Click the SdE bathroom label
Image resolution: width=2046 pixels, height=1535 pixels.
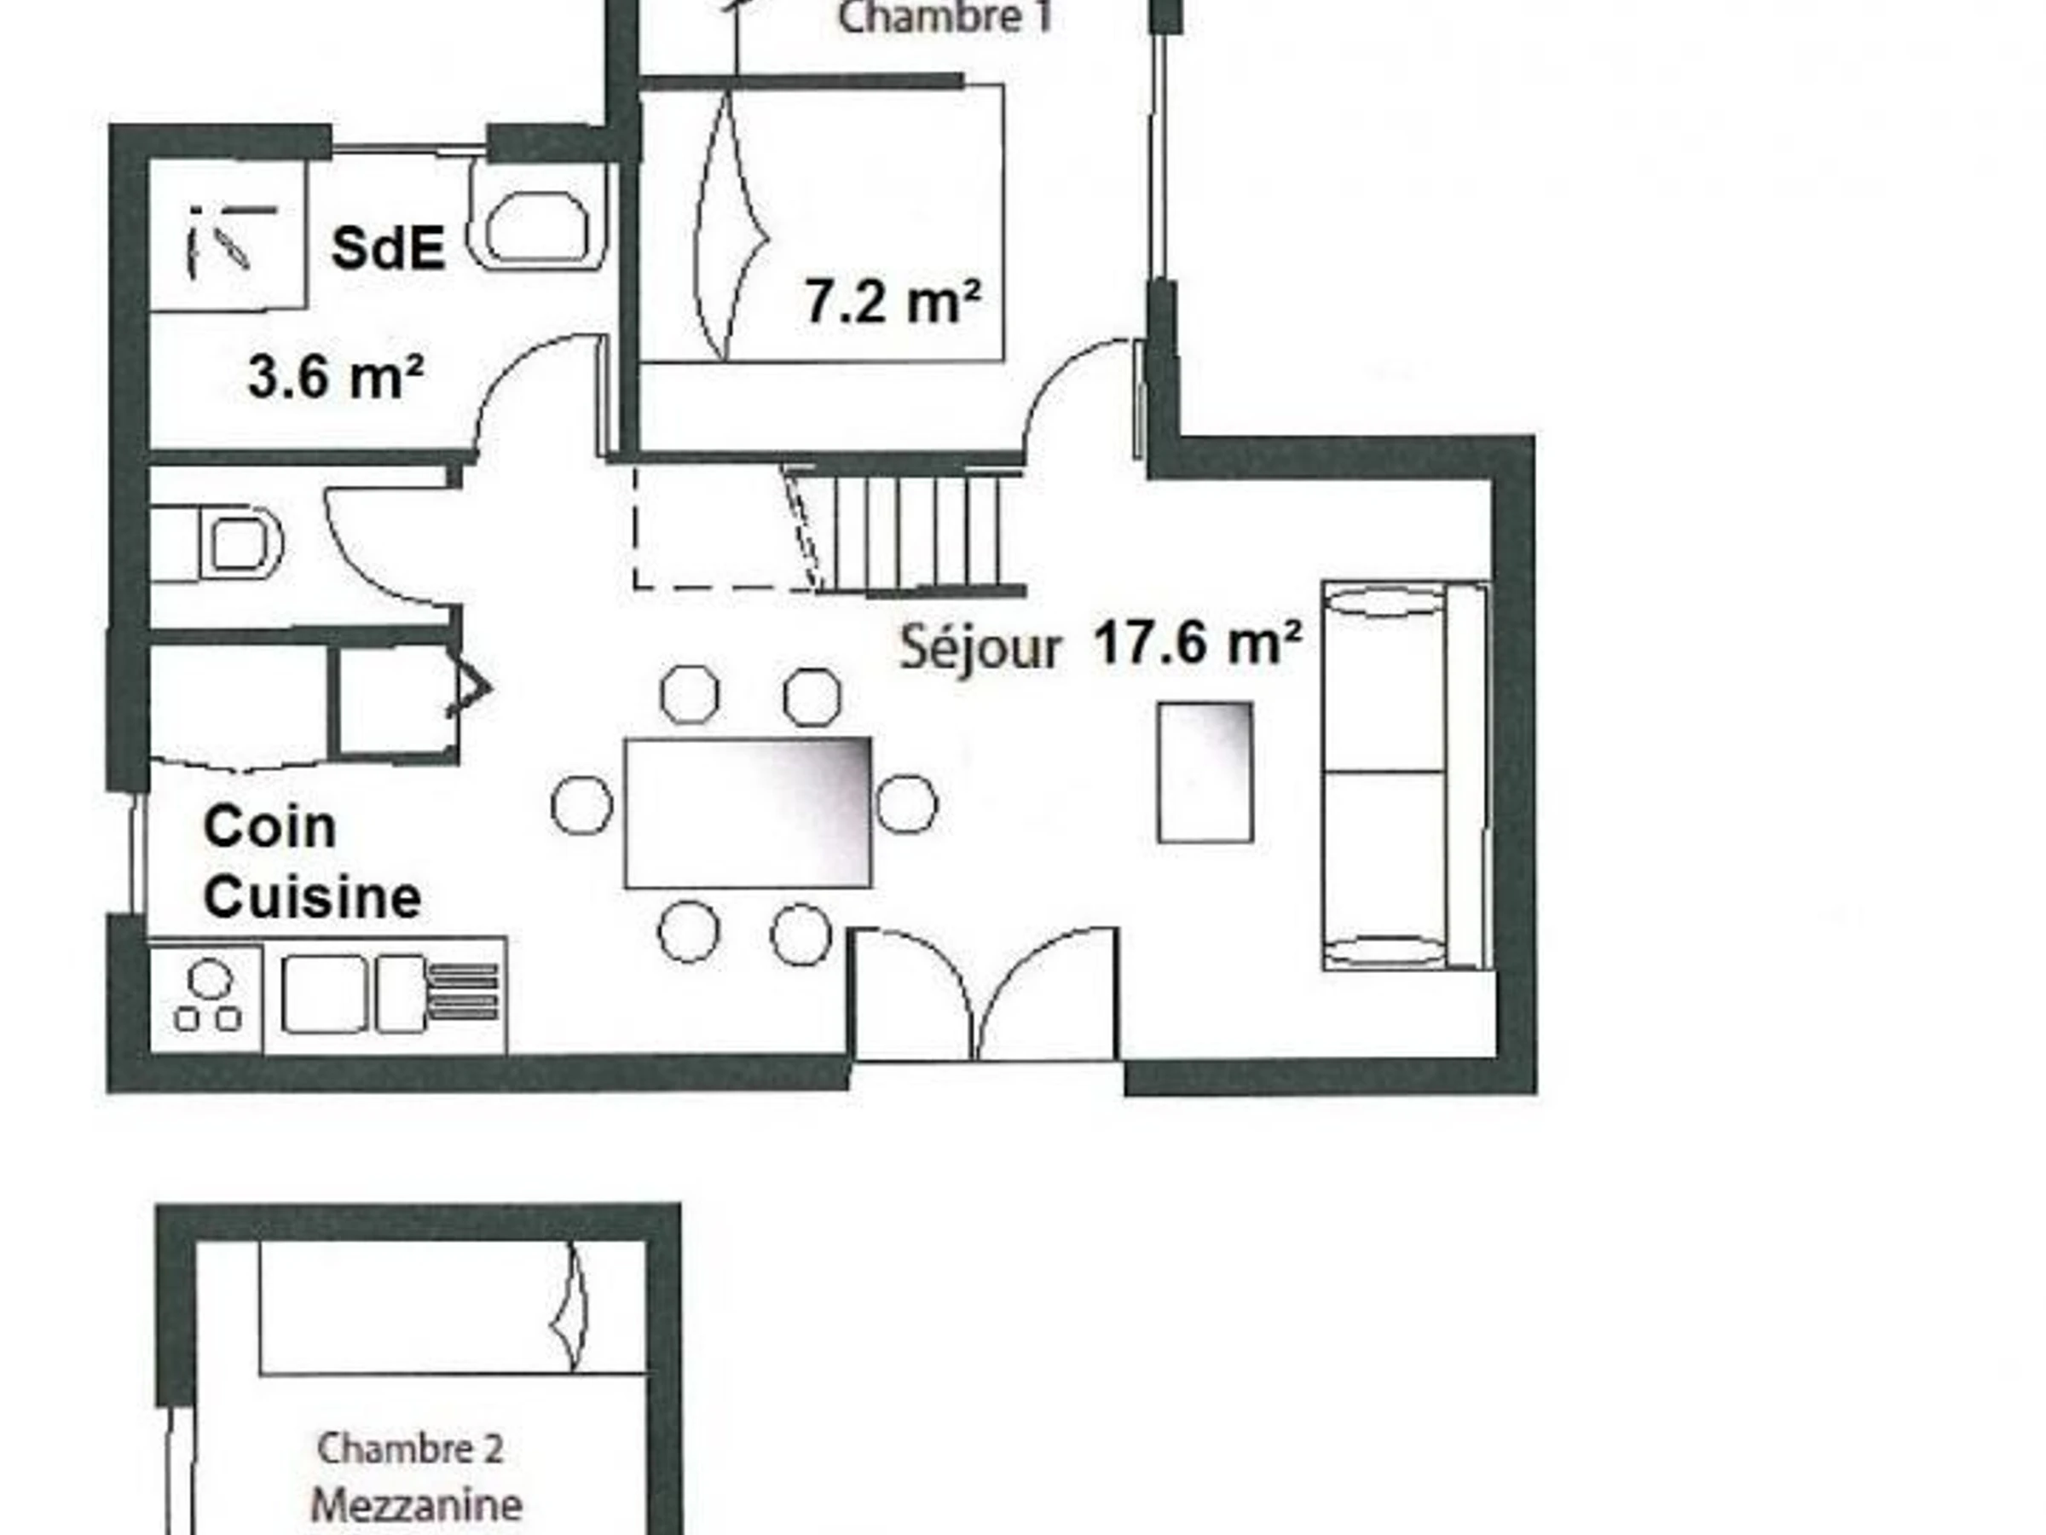(x=389, y=248)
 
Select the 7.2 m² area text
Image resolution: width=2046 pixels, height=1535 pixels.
(x=893, y=301)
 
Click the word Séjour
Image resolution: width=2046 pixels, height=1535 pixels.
(x=980, y=646)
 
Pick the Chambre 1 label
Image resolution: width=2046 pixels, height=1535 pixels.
(x=945, y=19)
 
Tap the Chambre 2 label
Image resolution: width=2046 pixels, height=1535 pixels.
(x=410, y=1449)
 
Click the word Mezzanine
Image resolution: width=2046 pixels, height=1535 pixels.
(x=416, y=1505)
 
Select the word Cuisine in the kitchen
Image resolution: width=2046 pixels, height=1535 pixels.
(x=313, y=896)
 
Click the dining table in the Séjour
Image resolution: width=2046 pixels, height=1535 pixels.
(x=748, y=813)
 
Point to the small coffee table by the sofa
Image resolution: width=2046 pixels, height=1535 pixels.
(x=1205, y=773)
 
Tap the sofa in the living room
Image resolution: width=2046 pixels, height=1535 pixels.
(x=1406, y=775)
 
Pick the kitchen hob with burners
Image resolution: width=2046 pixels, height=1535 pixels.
(x=206, y=997)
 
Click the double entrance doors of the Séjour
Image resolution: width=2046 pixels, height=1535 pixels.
(x=984, y=993)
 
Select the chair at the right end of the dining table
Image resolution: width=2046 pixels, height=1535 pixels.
(x=906, y=804)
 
